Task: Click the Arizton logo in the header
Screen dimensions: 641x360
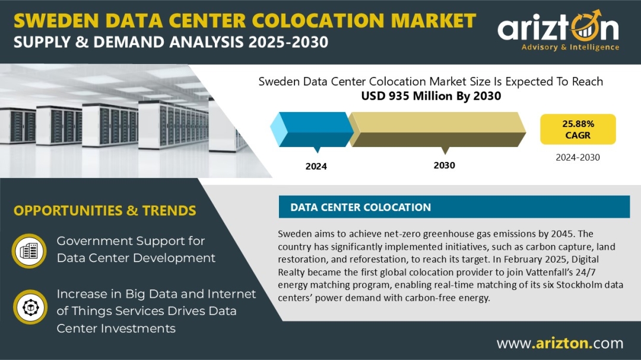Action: (x=558, y=31)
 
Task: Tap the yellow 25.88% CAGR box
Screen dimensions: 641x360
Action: (x=577, y=129)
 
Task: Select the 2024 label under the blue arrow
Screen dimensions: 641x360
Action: (x=316, y=166)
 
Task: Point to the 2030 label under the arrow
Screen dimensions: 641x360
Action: (x=445, y=165)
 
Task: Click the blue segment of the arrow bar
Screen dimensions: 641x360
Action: (x=313, y=129)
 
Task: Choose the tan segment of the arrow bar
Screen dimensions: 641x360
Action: (x=437, y=129)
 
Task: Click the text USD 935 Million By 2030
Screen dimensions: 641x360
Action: (x=431, y=96)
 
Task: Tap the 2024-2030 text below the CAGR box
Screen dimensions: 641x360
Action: (x=577, y=157)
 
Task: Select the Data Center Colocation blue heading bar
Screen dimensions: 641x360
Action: (x=454, y=207)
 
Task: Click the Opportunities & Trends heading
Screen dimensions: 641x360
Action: (x=104, y=211)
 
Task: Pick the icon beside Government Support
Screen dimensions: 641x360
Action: (x=29, y=250)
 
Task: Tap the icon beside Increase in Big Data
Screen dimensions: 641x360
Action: (x=30, y=307)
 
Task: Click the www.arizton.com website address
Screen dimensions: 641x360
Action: (x=560, y=343)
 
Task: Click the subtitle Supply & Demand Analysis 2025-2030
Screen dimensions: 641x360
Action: (x=171, y=42)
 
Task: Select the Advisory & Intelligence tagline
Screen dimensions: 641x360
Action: (x=570, y=47)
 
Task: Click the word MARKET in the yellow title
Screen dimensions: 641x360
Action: (x=433, y=20)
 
